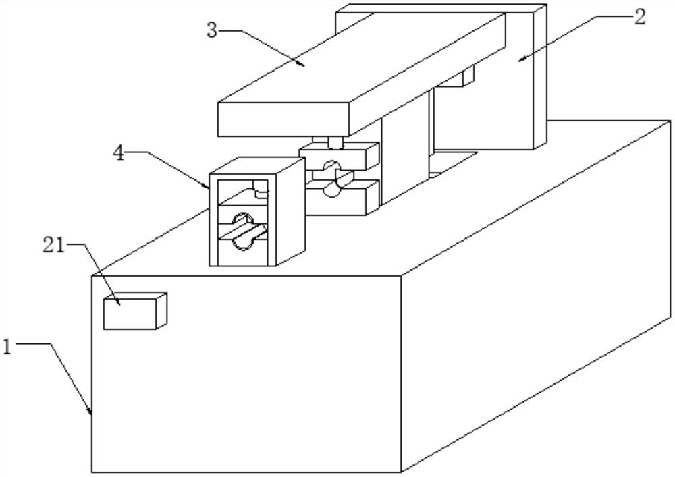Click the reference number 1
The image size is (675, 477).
pyautogui.click(x=7, y=347)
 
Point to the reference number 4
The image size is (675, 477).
pyautogui.click(x=118, y=153)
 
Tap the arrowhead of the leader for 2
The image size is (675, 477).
pyautogui.click(x=520, y=59)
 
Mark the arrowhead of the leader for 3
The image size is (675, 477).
pyautogui.click(x=305, y=66)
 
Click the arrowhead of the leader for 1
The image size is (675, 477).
pyautogui.click(x=92, y=413)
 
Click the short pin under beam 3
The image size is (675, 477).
pyautogui.click(x=334, y=142)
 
